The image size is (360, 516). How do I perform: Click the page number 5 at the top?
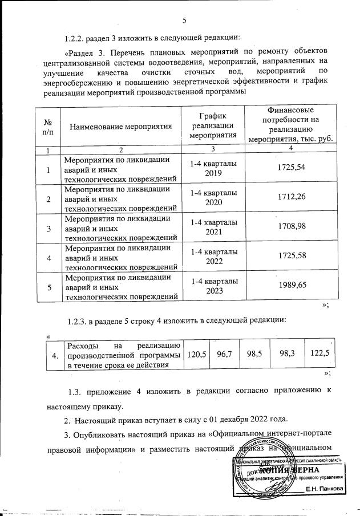point(184,21)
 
